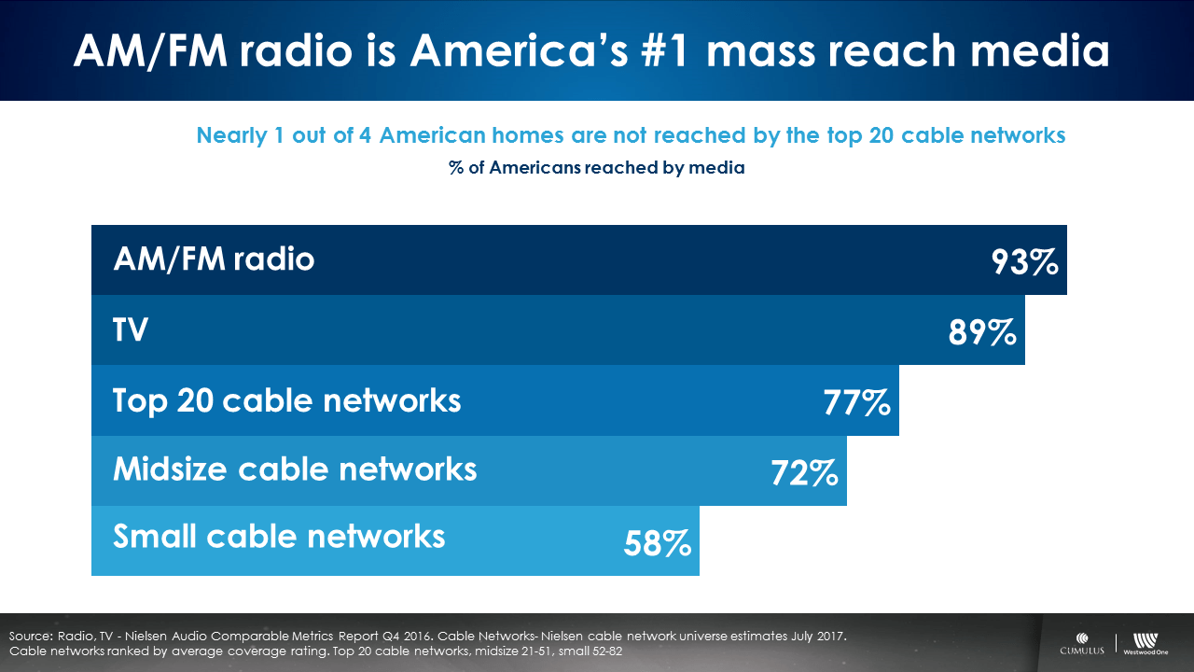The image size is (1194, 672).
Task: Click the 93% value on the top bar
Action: tap(1024, 262)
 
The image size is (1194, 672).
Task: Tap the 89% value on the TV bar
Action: tap(982, 332)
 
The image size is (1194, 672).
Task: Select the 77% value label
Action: tap(856, 403)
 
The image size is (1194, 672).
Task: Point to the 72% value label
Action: tap(804, 473)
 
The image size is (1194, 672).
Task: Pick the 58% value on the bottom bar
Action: tap(658, 543)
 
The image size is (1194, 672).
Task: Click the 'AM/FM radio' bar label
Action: tap(214, 259)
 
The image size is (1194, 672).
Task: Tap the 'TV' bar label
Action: tap(131, 329)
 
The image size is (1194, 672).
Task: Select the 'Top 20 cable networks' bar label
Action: tap(286, 400)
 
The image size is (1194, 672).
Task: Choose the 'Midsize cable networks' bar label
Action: tap(295, 469)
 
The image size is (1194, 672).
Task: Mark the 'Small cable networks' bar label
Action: tap(279, 536)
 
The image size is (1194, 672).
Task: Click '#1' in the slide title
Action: tap(668, 51)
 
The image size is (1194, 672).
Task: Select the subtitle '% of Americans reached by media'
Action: tap(596, 169)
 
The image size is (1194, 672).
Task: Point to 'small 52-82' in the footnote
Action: tap(582, 650)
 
